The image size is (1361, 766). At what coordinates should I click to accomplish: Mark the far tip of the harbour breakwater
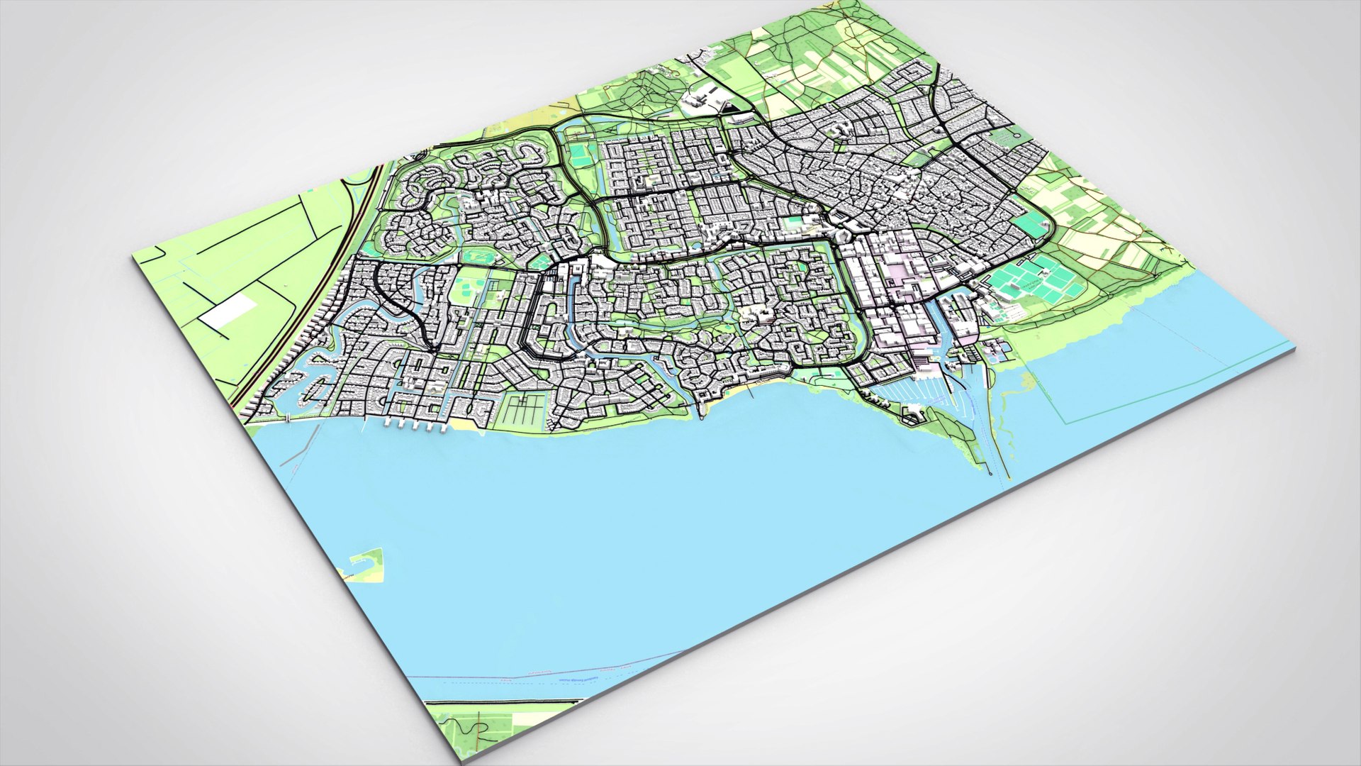[988, 468]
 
